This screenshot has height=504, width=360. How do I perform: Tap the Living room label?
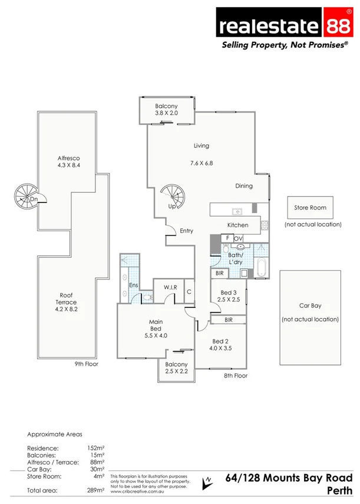coord(202,145)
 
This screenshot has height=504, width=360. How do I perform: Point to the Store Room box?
coord(310,208)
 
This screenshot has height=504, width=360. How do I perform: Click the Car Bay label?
coord(310,306)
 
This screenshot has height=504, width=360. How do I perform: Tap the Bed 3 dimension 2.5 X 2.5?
coord(228,300)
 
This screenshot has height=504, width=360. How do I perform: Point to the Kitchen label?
coord(238,225)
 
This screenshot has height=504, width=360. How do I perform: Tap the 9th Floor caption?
coord(86,364)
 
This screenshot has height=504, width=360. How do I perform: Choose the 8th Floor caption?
coord(235,376)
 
